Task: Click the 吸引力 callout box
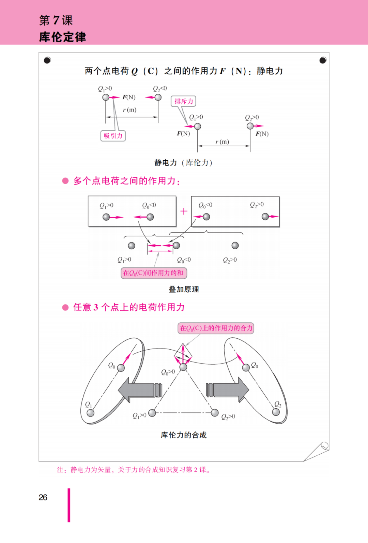(x=113, y=136)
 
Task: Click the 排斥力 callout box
(x=183, y=101)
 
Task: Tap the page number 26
(x=43, y=497)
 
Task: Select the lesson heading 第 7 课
(x=56, y=20)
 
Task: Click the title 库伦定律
(x=62, y=37)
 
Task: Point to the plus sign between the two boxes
(x=184, y=211)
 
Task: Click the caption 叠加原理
(x=184, y=289)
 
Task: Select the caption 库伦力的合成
(x=184, y=435)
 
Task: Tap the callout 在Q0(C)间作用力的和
(x=154, y=273)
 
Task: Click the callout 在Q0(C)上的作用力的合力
(x=216, y=328)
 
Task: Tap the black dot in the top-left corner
(x=47, y=60)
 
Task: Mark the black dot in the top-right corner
(x=323, y=60)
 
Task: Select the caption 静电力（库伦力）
(x=183, y=163)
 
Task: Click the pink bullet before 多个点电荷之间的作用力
(x=65, y=181)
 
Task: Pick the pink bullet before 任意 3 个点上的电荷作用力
(x=65, y=308)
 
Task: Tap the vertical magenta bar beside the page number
(x=69, y=505)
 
